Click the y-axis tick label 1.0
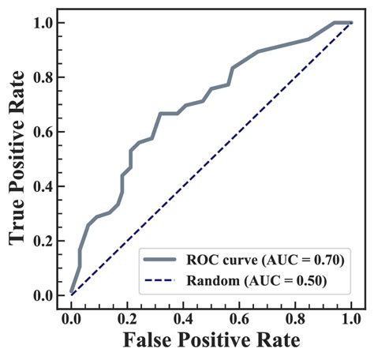(43, 23)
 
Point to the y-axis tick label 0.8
(43, 77)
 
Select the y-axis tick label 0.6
(43, 132)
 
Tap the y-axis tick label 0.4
(43, 186)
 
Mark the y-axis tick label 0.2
(43, 241)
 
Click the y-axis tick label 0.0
(43, 295)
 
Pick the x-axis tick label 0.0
(71, 319)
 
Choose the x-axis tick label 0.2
(127, 319)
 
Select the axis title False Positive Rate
(211, 342)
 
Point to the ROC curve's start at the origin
(72, 294)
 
